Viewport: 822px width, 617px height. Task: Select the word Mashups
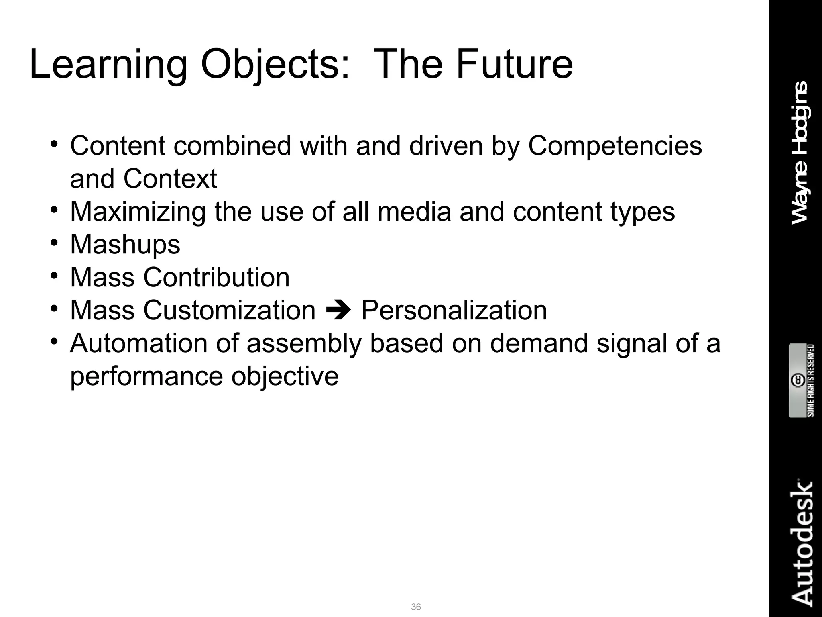click(x=125, y=245)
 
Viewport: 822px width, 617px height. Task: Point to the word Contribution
click(x=217, y=277)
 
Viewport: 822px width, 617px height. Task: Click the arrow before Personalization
click(x=338, y=311)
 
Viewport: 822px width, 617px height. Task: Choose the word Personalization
click(x=454, y=310)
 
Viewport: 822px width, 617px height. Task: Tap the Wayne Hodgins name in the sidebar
click(x=800, y=153)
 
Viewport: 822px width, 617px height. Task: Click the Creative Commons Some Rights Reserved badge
click(x=802, y=380)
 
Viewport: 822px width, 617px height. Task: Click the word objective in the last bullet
click(x=285, y=376)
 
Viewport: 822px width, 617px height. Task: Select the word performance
click(x=146, y=376)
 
